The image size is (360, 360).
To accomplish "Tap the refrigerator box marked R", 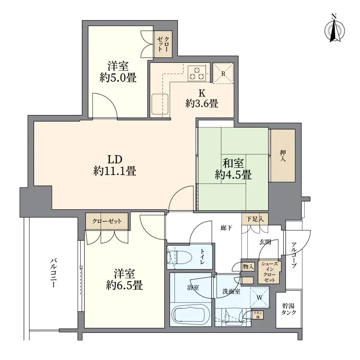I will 223,73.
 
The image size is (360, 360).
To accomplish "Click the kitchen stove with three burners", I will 197,73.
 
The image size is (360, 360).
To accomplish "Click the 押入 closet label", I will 283,156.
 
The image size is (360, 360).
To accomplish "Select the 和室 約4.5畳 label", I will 233,168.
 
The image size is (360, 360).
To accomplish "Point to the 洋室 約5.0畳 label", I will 118,71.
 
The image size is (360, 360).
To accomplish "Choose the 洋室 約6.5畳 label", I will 123,279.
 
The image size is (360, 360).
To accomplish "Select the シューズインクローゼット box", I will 270,272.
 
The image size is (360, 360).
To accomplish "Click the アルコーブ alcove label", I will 294,256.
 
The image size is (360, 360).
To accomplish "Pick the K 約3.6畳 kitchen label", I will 202,99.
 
